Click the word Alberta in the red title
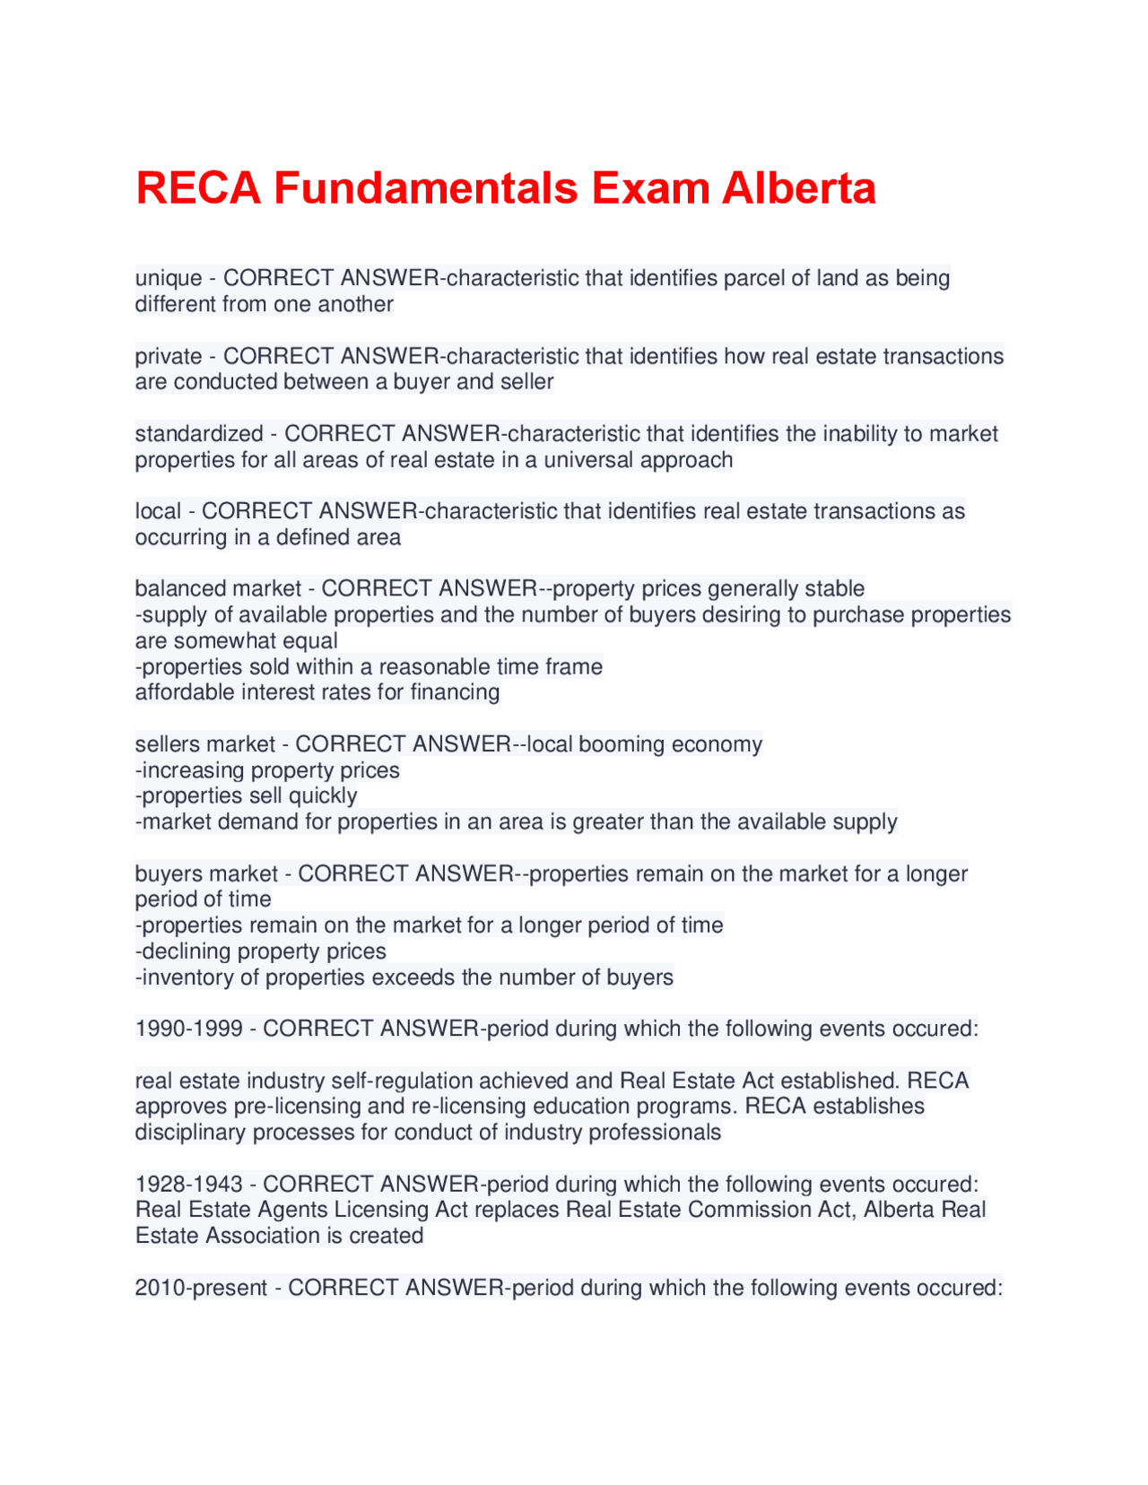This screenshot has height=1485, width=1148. (798, 189)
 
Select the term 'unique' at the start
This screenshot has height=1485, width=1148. (169, 279)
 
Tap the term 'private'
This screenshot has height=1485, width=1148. (169, 357)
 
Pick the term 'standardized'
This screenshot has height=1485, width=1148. (199, 434)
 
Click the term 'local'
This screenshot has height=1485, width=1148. (158, 512)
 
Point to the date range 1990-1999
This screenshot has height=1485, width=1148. (188, 1029)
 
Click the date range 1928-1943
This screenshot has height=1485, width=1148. (188, 1185)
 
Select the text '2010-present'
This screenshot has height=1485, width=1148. (201, 1289)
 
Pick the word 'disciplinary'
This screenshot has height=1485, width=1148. (190, 1133)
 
